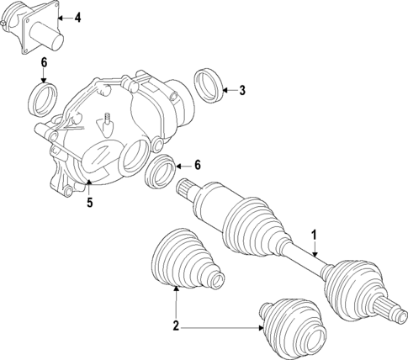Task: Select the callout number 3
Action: [x=241, y=90]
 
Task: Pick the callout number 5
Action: [x=88, y=202]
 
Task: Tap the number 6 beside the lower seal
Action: [x=197, y=165]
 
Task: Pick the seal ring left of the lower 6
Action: [x=161, y=172]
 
